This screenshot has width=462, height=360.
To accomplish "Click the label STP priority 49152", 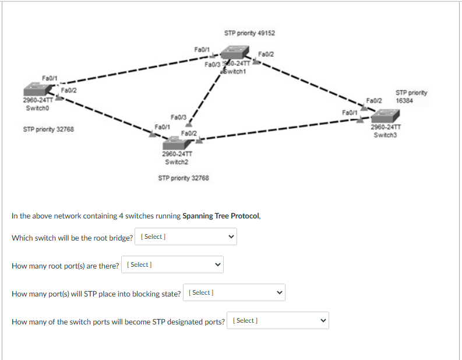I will (x=249, y=33).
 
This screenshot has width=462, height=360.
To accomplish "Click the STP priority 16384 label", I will (x=411, y=96).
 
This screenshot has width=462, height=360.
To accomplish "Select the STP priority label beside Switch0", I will (x=48, y=129).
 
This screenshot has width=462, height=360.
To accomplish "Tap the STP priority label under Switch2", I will (x=183, y=178).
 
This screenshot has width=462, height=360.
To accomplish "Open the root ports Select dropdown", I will (x=172, y=264).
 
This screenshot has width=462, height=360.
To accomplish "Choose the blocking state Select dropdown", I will (x=234, y=292).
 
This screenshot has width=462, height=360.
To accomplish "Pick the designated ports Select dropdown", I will (x=278, y=320).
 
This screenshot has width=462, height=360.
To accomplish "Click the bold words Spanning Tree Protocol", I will (x=221, y=216).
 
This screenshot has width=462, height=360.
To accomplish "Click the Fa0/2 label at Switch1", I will (x=266, y=55).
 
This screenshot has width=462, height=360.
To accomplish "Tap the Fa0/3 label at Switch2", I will (x=178, y=117).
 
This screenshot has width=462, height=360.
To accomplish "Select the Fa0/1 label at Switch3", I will (x=350, y=111).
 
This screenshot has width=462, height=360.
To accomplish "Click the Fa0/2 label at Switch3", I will (x=373, y=100).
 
